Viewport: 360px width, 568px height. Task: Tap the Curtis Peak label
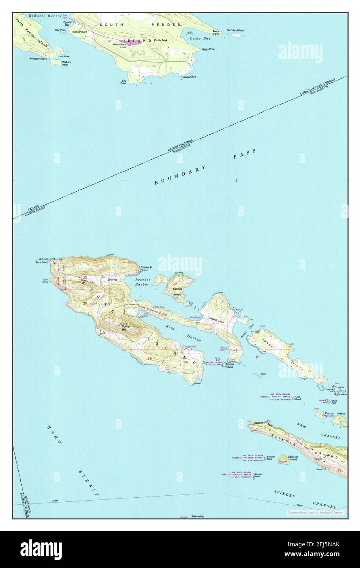click(x=161, y=40)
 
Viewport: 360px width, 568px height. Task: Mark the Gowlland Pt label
click(x=188, y=76)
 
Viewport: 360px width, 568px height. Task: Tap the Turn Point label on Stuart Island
click(x=42, y=262)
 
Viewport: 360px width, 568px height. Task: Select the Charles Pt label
click(x=146, y=268)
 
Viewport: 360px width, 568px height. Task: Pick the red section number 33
click(x=150, y=358)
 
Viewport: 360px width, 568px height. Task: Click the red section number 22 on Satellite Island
click(x=174, y=284)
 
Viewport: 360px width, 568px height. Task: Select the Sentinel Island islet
click(x=283, y=461)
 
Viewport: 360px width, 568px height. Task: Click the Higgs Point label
click(x=208, y=49)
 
